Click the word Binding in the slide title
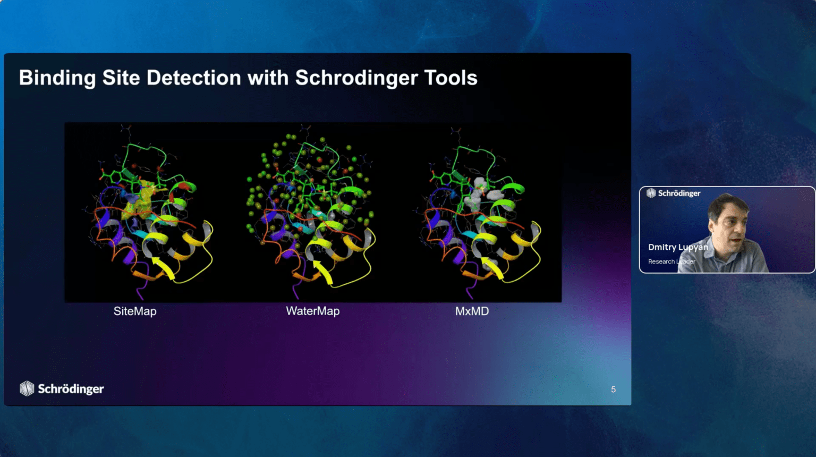[57, 78]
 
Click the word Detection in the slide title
[194, 78]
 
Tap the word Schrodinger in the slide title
[356, 78]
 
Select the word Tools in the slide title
[450, 78]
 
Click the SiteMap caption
[135, 311]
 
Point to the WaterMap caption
[312, 311]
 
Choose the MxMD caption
[472, 311]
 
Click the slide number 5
[613, 390]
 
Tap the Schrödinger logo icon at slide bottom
[27, 388]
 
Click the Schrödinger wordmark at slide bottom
[71, 389]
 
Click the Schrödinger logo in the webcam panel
[673, 193]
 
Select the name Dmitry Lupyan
[678, 247]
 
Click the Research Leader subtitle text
[671, 261]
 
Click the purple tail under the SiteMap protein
[140, 292]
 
